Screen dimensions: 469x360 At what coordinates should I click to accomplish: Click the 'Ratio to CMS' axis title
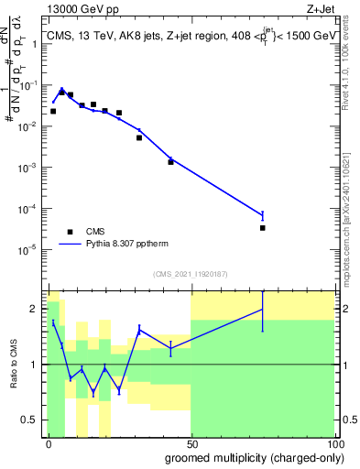[14, 363]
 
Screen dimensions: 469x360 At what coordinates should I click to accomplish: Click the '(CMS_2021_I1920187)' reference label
[190, 273]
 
